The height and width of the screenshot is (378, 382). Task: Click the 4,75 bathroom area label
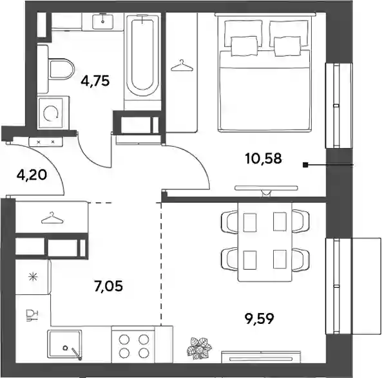pos(95,80)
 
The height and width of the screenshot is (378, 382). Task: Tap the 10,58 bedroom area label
pos(263,158)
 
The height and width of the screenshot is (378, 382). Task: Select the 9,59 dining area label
pos(260,319)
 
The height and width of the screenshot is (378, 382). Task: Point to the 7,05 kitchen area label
pos(108,286)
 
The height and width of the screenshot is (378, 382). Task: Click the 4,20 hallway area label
pos(32,175)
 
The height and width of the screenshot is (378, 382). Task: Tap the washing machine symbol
pos(53,113)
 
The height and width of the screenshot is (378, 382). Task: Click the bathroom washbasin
pos(102,22)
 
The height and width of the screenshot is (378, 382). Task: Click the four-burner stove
pos(133,345)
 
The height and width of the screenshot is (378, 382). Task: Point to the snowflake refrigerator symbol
pos(33,277)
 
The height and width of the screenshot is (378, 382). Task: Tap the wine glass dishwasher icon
pos(32,315)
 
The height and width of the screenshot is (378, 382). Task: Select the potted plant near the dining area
pos(199,348)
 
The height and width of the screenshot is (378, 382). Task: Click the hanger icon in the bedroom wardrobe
pos(182,66)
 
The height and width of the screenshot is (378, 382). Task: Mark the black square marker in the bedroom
pos(305,165)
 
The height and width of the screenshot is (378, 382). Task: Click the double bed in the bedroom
pos(265,73)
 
